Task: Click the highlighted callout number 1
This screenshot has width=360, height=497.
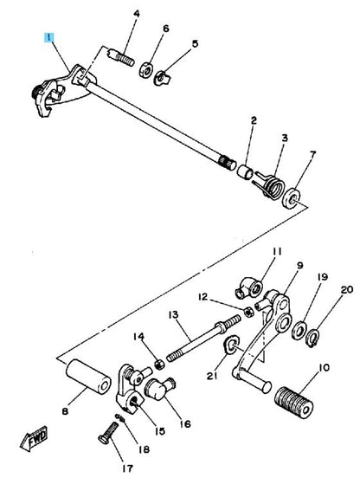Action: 49,38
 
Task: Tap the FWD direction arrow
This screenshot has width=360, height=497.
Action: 35,439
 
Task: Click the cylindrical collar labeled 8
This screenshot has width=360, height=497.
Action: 88,376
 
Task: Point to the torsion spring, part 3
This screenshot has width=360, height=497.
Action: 269,185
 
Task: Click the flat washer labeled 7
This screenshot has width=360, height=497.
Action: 292,199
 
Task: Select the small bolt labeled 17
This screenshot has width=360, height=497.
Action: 108,434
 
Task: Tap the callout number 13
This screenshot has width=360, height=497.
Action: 174,315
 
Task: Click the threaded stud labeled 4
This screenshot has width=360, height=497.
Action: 122,57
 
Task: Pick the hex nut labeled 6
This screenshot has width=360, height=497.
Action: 146,69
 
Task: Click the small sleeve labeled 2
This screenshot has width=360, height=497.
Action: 245,171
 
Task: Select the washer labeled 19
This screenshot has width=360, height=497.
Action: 299,330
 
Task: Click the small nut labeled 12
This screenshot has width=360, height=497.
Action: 248,312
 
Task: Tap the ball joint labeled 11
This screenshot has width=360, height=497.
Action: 249,287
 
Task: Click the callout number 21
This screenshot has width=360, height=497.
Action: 212,376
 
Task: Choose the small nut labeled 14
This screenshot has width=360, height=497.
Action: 160,365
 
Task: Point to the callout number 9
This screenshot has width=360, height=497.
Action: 299,266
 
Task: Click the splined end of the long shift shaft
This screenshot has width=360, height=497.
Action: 228,162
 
